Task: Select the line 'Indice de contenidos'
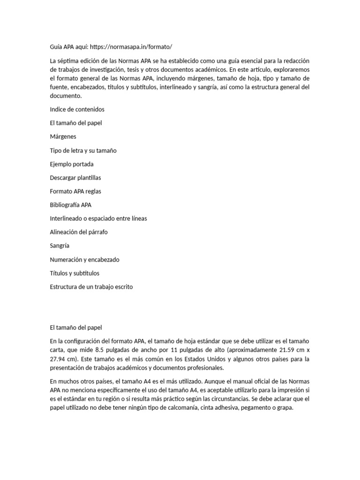(77, 109)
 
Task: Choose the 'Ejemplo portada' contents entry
(72, 164)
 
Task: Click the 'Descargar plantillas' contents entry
(75, 178)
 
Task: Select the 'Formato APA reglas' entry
(75, 191)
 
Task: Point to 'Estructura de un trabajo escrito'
(91, 286)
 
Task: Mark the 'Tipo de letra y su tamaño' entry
(83, 150)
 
